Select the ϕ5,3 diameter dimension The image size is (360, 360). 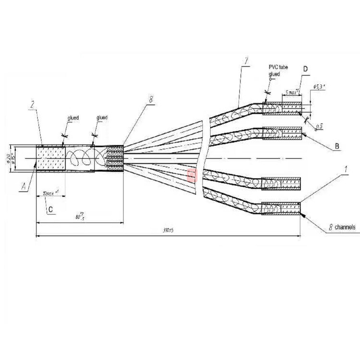tap(319, 87)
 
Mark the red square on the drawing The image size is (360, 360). tap(192, 174)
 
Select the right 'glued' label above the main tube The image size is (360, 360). tap(102, 118)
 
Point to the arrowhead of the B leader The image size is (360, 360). tap(302, 135)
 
